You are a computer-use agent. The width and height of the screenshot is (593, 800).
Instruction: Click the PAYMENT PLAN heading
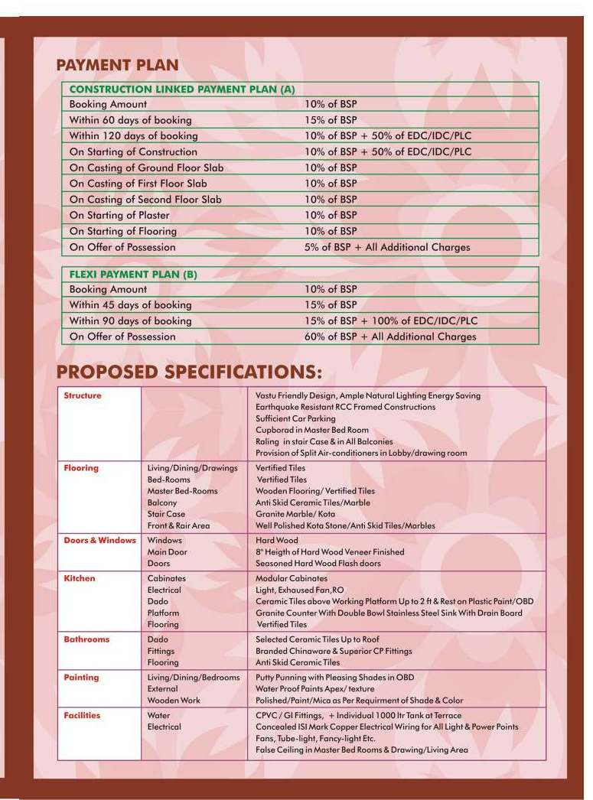point(117,65)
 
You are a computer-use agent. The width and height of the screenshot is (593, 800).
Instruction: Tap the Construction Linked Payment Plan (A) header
point(182,89)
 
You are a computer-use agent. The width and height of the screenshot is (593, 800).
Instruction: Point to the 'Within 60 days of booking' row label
point(130,120)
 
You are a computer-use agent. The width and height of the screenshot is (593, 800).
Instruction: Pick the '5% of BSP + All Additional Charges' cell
point(387,247)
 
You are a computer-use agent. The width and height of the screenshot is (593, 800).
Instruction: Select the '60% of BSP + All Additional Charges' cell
point(390,337)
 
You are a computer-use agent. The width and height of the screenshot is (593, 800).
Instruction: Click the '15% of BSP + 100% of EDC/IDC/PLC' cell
point(390,320)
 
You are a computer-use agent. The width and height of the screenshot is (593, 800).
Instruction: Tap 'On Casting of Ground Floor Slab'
point(146,167)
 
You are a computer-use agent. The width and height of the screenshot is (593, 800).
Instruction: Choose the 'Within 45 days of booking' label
point(130,305)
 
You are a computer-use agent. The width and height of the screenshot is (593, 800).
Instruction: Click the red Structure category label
point(83,395)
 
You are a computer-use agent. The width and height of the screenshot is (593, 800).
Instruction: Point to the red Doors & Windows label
point(99,541)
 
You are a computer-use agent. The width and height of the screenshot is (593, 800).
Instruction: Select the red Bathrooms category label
point(86,639)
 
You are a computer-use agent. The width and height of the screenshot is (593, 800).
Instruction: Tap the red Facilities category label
point(82,716)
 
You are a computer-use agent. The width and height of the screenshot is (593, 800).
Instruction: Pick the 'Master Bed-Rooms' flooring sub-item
point(182,491)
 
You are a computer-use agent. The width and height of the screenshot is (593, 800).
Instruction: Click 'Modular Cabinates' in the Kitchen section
point(291,579)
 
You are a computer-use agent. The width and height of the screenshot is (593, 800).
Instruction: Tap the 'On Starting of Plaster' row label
point(119,215)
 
